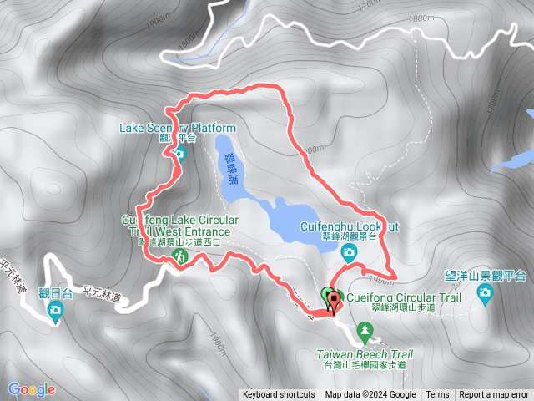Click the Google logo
coord(32,388)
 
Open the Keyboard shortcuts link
coord(279,395)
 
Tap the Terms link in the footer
coord(437,395)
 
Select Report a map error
coord(494,395)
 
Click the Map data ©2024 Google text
coord(370,395)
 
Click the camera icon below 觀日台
coord(55,312)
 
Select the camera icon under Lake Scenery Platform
coord(179,153)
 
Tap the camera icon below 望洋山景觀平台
coord(485,292)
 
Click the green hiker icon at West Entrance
coord(177,261)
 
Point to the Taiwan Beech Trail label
coord(365,353)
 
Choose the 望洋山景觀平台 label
coord(485,275)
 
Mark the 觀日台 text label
coord(55,292)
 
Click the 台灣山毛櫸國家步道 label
coord(365,365)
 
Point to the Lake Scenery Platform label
coord(179,128)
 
